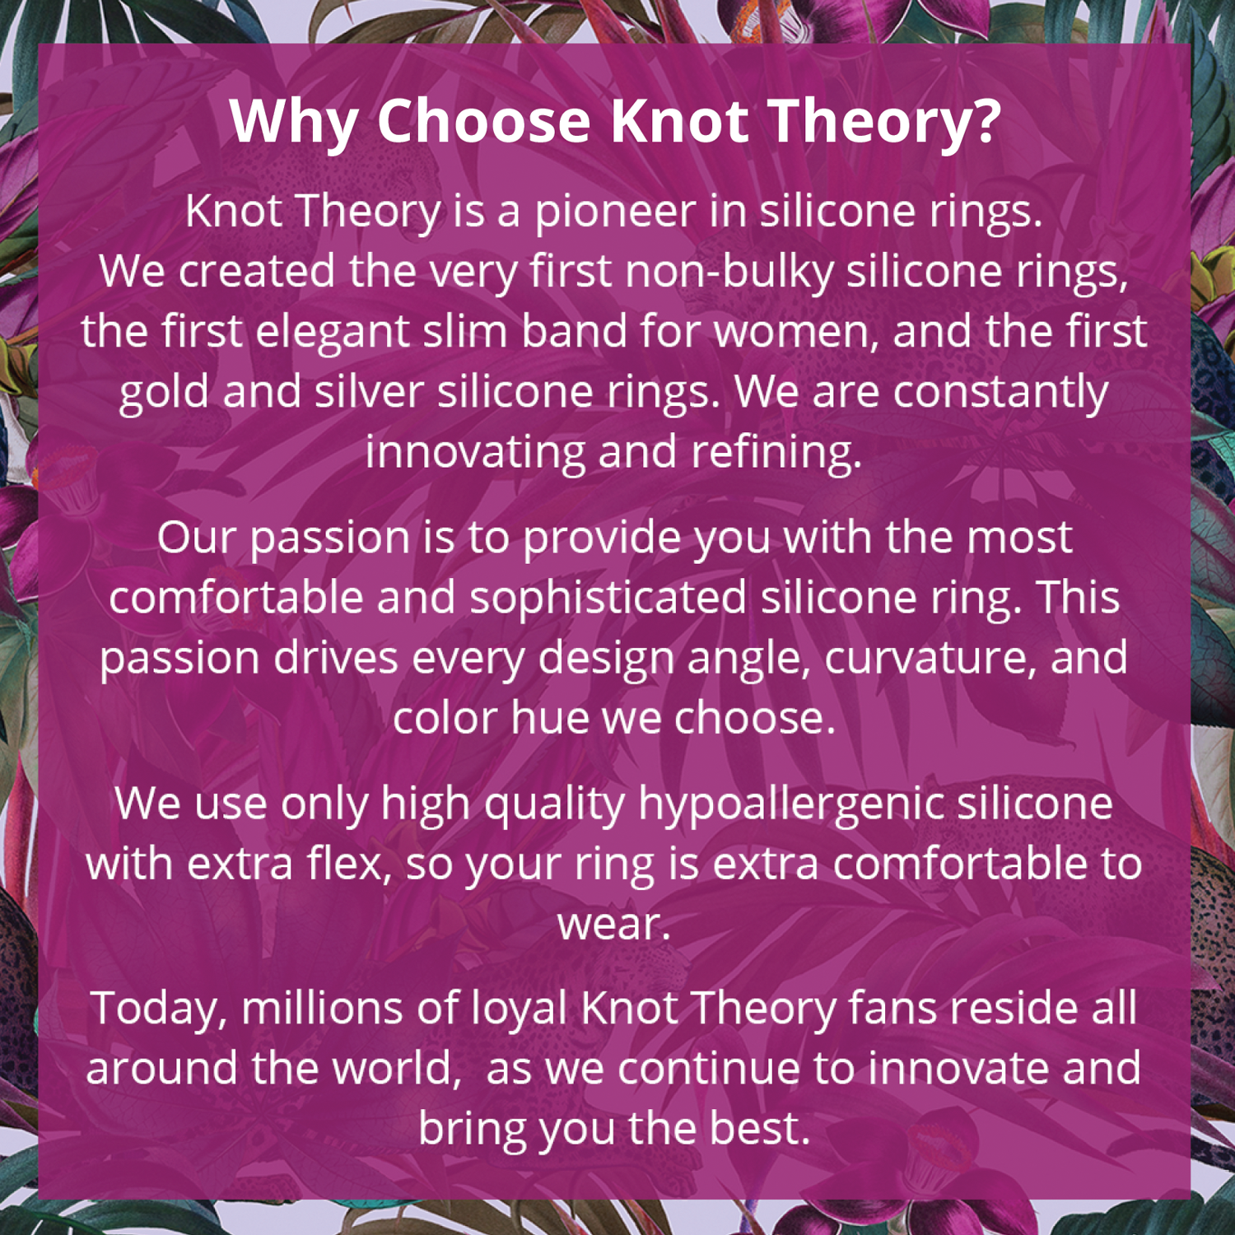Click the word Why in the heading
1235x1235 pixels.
(293, 122)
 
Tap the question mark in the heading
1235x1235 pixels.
(986, 119)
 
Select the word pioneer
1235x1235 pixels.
(615, 213)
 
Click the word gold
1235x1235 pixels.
(164, 393)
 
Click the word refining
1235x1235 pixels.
(776, 453)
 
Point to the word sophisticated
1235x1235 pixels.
(608, 599)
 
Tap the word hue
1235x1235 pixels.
(549, 717)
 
